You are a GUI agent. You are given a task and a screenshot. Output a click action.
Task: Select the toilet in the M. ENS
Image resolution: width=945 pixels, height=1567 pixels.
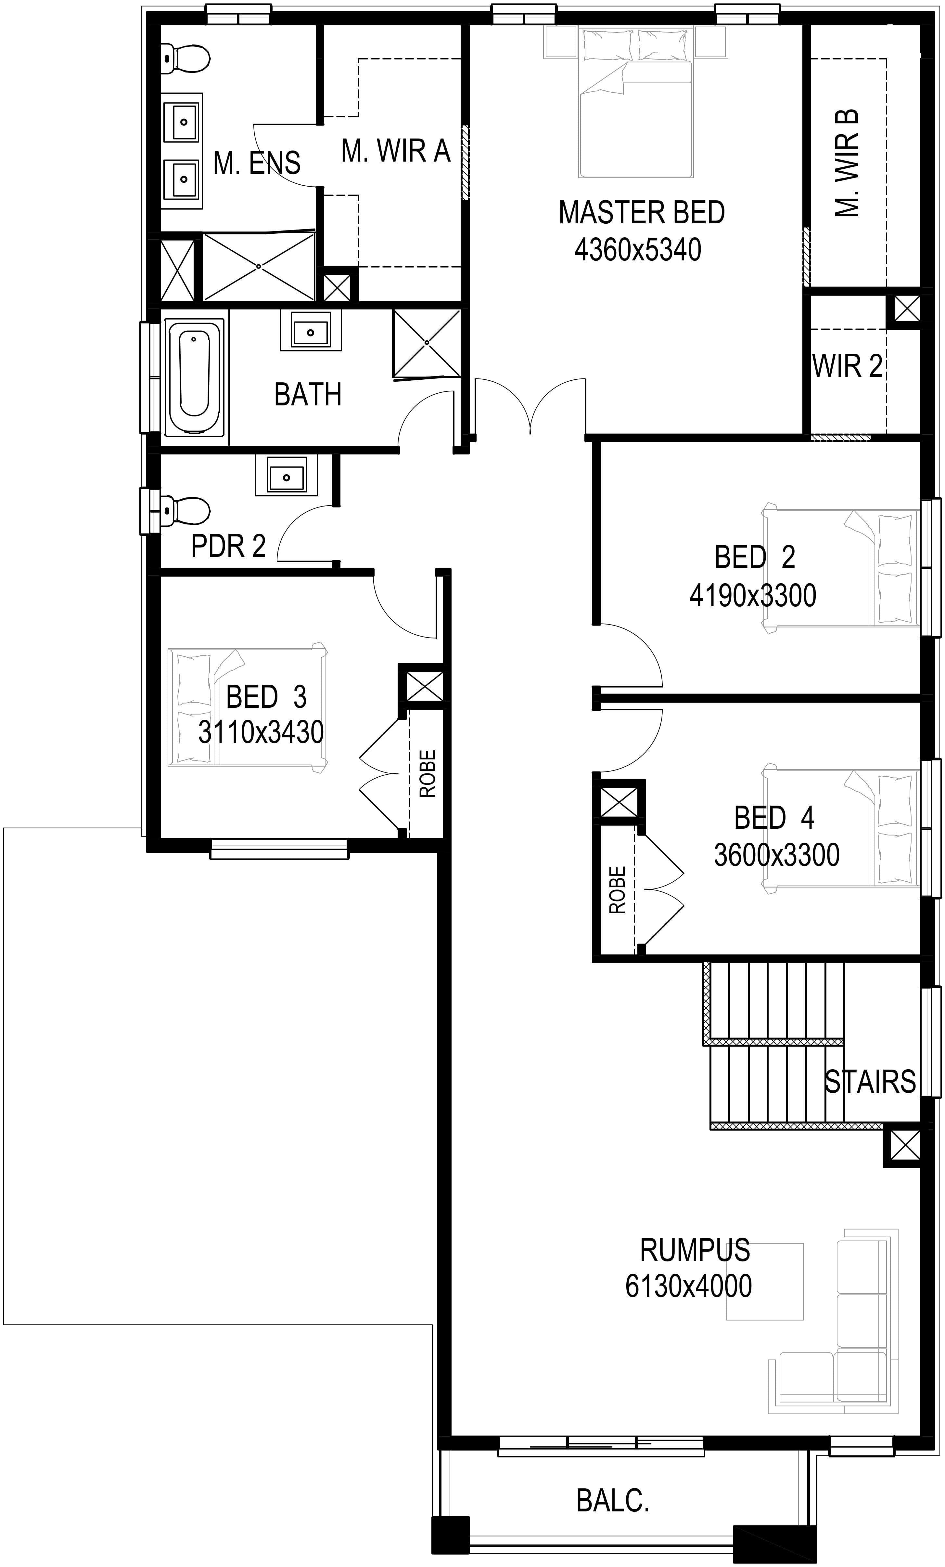(x=185, y=59)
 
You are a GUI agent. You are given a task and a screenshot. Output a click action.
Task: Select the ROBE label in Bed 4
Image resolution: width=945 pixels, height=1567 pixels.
(x=617, y=890)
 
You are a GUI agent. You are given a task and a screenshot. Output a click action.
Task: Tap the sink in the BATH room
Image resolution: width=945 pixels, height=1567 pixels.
(x=310, y=331)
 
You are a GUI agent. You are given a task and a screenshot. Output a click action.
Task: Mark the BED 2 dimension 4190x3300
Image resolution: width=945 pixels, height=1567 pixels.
(x=752, y=596)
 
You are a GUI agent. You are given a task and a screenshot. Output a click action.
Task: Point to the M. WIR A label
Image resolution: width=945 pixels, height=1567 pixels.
(x=395, y=151)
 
